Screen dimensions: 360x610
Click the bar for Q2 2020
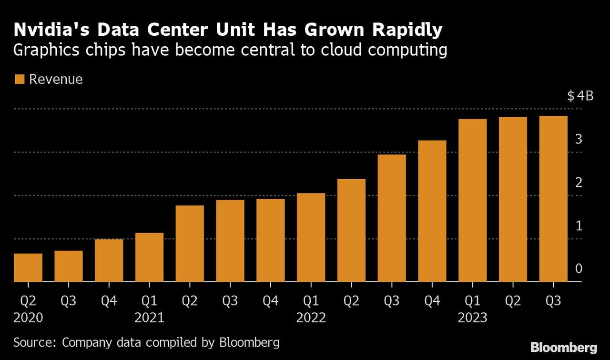(x=28, y=267)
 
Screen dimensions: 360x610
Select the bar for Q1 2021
(x=149, y=257)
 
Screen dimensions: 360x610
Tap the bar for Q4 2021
(x=270, y=240)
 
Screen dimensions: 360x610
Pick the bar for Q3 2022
(x=392, y=218)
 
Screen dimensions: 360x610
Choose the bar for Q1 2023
(x=472, y=200)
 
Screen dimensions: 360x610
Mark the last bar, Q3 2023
(x=553, y=199)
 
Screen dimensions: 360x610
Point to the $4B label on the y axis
(x=580, y=96)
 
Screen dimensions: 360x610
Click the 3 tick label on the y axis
(x=579, y=139)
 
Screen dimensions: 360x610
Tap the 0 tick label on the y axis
(x=579, y=269)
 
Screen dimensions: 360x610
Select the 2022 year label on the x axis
(x=311, y=318)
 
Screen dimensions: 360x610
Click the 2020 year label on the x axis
(x=28, y=318)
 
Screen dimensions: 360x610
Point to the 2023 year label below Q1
(x=472, y=318)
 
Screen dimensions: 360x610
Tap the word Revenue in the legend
(x=56, y=79)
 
